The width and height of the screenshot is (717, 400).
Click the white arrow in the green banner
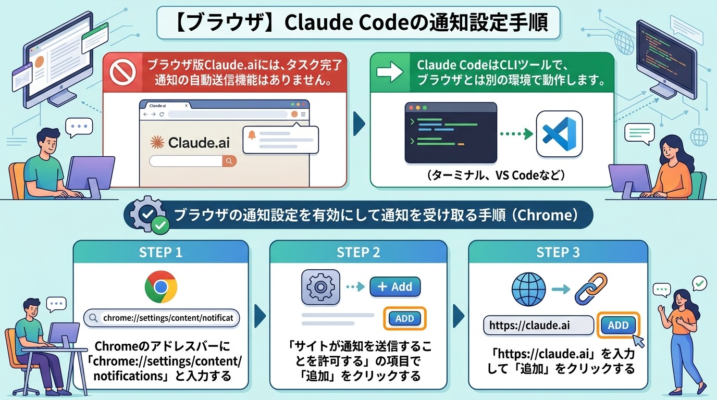pos(390,72)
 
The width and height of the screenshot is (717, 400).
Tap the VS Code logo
pos(559,133)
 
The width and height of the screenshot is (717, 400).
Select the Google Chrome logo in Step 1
pos(160,287)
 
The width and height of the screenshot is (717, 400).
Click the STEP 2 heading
pos(358,253)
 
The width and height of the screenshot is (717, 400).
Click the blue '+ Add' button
pos(394,286)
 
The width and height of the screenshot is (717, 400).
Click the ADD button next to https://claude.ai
pos(618,325)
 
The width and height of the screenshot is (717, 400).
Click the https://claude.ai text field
pos(538,326)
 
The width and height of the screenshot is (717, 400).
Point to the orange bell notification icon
pos(252,135)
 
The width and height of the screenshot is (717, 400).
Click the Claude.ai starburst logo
pos(156,143)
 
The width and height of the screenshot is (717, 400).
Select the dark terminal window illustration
pos(451,133)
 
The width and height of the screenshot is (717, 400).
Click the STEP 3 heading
pos(558,253)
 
